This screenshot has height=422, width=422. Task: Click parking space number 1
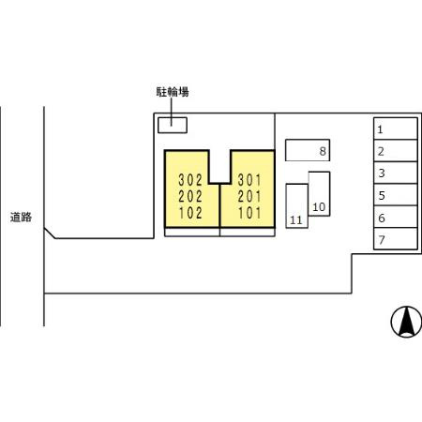point(396,128)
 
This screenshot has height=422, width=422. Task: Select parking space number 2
point(396,150)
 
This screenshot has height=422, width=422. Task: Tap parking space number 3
point(396,173)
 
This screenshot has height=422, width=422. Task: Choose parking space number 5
point(396,195)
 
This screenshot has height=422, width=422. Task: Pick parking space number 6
point(396,217)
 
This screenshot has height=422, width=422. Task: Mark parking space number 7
point(396,239)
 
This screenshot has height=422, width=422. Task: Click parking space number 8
point(308,150)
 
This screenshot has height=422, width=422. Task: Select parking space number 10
point(319,194)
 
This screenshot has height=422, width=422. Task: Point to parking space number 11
point(297,206)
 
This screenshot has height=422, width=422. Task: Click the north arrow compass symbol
point(406,322)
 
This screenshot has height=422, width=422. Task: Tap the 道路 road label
point(21,218)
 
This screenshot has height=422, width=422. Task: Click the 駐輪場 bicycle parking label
point(173,92)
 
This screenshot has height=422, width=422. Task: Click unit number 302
point(190,180)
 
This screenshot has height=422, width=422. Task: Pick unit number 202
point(190,197)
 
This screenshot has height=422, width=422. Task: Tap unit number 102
point(190,213)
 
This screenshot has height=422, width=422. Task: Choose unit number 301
point(249,180)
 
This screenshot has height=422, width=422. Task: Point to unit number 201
point(249,197)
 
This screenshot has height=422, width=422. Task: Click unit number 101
point(249,213)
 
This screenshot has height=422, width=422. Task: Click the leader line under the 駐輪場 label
point(172,112)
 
